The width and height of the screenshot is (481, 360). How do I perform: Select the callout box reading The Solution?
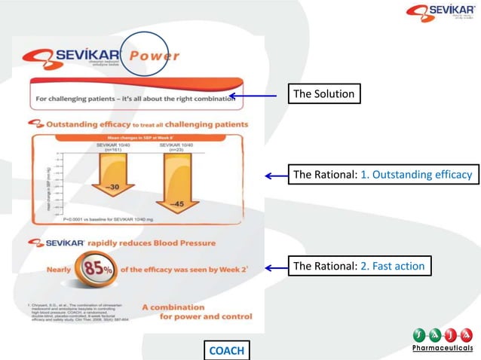pyautogui.click(x=324, y=94)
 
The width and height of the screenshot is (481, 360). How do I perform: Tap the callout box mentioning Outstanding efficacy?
pyautogui.click(x=382, y=175)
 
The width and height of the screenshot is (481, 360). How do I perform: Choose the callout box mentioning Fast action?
pyautogui.click(x=359, y=266)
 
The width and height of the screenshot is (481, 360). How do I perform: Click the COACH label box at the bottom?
pyautogui.click(x=225, y=350)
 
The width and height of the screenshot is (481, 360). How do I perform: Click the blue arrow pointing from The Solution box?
pyautogui.click(x=257, y=96)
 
